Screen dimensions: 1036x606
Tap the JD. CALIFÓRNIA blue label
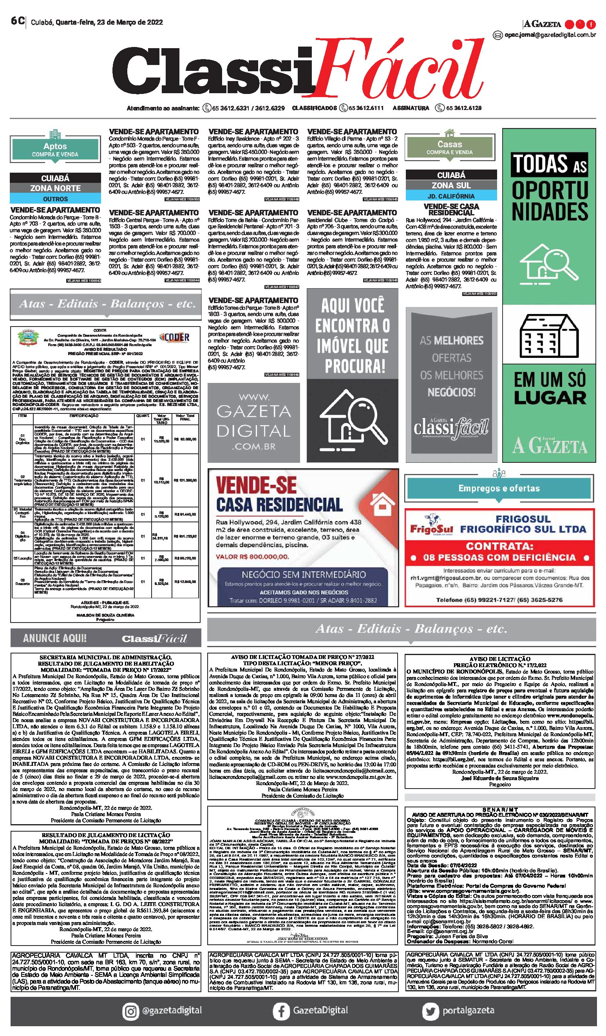point(451,196)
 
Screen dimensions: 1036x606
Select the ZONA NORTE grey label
point(55,188)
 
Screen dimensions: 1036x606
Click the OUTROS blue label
point(55,199)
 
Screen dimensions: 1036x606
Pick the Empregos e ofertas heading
point(499,488)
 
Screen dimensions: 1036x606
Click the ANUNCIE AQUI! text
point(55,638)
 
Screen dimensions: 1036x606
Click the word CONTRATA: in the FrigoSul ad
point(499,546)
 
